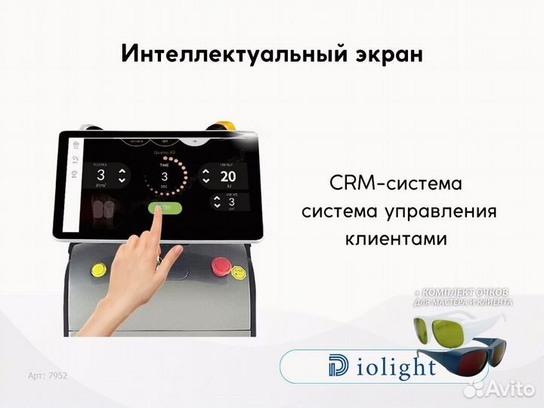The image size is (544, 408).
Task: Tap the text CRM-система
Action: [x=395, y=184]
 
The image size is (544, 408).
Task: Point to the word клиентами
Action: [x=396, y=239]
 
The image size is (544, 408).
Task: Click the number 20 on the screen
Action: [x=227, y=177]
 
